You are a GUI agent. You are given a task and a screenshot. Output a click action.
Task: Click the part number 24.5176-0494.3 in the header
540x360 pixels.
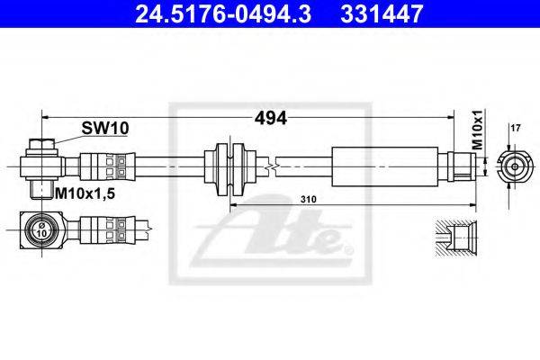pos(223,13)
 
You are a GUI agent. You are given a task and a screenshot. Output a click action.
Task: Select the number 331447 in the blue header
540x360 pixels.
pos(382,13)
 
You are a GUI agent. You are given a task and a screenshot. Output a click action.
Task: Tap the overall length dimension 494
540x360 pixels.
pos(270,118)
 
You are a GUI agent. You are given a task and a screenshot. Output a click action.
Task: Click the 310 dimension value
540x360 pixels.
pos(308,199)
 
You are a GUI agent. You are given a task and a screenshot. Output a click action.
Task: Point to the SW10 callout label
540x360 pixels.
pos(105,128)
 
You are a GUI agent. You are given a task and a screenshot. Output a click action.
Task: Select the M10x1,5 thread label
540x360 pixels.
pos(85,194)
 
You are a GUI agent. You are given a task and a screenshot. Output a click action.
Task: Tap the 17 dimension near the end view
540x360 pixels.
pos(516,129)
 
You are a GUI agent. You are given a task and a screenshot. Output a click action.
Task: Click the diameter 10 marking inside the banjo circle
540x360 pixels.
pos(41,229)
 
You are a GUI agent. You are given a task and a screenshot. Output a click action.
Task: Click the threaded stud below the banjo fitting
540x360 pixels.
pos(41,189)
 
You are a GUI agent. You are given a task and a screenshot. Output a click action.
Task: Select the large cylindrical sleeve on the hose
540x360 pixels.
pos(384,166)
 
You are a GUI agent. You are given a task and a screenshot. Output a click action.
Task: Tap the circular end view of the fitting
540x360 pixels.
pos(514,167)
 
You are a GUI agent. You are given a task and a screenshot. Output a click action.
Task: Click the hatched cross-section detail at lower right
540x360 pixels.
pos(456,238)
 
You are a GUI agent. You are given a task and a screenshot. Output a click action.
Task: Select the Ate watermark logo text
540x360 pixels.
pos(272,229)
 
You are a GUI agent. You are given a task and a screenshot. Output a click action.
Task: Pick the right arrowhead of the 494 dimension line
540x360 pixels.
pos(450,118)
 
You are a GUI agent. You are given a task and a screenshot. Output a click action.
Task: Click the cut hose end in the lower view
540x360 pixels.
pos(149,228)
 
